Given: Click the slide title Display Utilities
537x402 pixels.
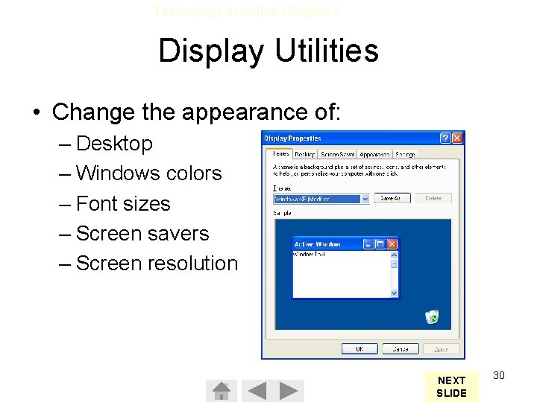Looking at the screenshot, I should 268,51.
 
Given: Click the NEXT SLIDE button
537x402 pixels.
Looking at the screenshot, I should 451,386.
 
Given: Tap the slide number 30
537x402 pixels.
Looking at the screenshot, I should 499,375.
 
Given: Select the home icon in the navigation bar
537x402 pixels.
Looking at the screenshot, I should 221,391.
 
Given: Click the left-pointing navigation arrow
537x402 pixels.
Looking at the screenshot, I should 257,391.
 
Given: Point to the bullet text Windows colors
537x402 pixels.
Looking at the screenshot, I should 148,173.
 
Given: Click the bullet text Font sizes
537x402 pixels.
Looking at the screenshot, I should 123,204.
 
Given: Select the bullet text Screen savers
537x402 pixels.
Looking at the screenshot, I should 142,234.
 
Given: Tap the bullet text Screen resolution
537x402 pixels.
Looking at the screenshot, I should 157,264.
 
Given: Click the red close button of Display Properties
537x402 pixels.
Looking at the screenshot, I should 457,138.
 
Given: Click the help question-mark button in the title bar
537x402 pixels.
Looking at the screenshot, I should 445,138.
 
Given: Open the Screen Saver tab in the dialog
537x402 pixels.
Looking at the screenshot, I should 338,154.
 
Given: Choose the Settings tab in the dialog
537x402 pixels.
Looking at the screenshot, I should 405,154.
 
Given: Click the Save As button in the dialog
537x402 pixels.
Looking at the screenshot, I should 392,199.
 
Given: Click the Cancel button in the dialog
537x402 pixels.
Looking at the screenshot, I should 401,348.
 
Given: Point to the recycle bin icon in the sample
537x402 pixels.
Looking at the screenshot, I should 432,317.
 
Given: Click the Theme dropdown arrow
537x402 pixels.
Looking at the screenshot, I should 365,199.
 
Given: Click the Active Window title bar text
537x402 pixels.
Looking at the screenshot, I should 318,244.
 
